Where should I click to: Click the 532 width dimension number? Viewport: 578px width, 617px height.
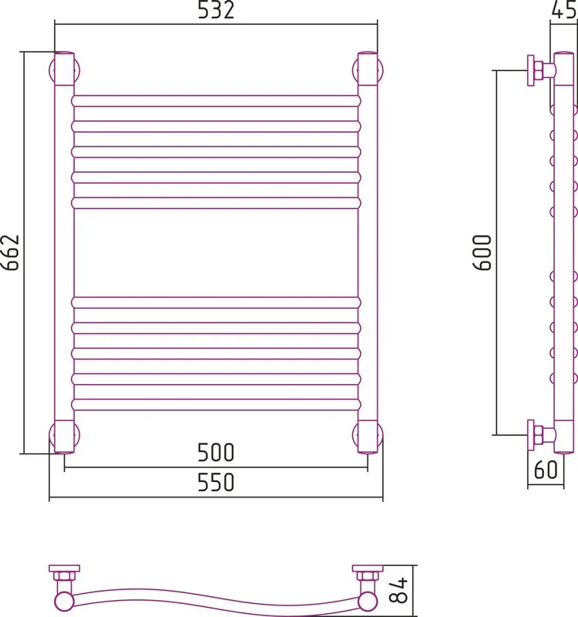pyautogui.click(x=216, y=10)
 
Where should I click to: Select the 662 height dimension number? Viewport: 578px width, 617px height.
pyautogui.click(x=10, y=253)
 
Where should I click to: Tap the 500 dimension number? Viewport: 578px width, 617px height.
pyautogui.click(x=216, y=453)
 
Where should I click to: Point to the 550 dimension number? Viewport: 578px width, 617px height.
pyautogui.click(x=216, y=483)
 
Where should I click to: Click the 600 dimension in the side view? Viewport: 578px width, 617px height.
pyautogui.click(x=482, y=253)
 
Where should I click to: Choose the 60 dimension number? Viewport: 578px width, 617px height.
pyautogui.click(x=546, y=470)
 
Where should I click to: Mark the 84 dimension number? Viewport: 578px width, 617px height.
pyautogui.click(x=398, y=591)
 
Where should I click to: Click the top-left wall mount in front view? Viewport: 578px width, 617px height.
pyautogui.click(x=65, y=70)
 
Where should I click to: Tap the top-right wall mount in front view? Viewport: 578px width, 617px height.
pyautogui.click(x=368, y=70)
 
